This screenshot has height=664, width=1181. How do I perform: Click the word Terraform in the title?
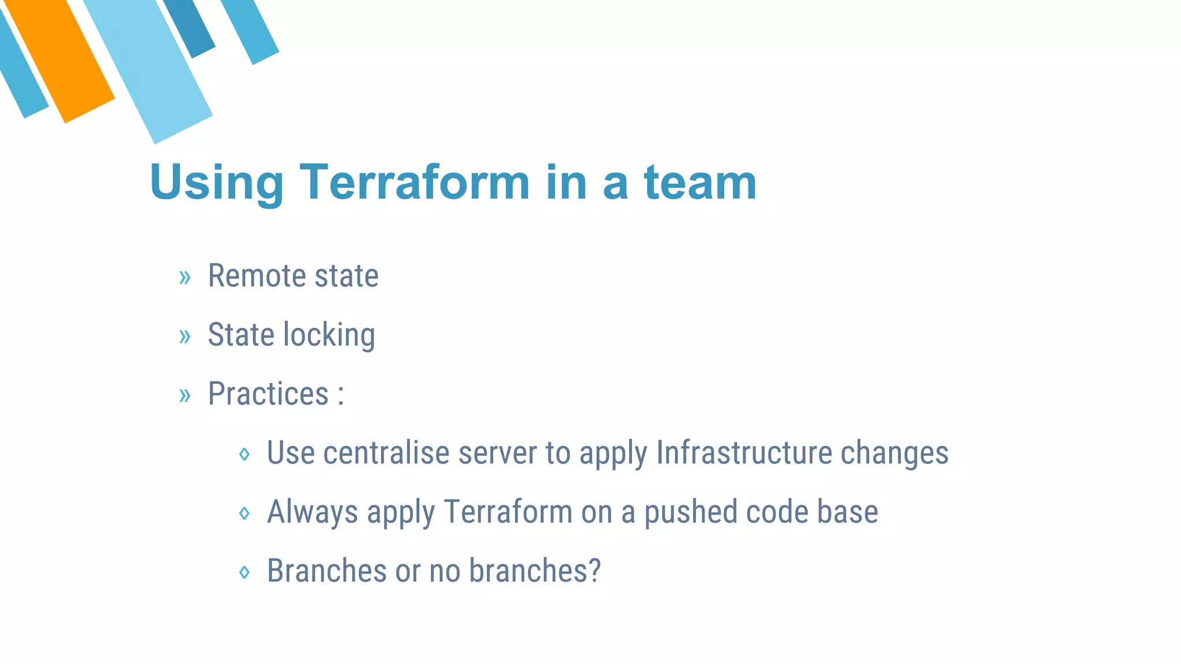414,182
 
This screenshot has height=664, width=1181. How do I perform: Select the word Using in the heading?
216,183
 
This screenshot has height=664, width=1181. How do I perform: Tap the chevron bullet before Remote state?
185,277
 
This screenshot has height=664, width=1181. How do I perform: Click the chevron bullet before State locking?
185,336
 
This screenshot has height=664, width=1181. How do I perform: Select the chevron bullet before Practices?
185,395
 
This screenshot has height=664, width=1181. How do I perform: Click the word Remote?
256,276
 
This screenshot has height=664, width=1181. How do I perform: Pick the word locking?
329,335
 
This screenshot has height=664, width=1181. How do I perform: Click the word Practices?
268,394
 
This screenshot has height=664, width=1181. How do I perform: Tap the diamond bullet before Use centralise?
245,454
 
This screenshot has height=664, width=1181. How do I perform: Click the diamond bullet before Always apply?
245,513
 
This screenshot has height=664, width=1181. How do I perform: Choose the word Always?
312,512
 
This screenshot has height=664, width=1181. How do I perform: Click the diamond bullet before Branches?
245,572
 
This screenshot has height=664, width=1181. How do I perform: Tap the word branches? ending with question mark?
535,571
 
